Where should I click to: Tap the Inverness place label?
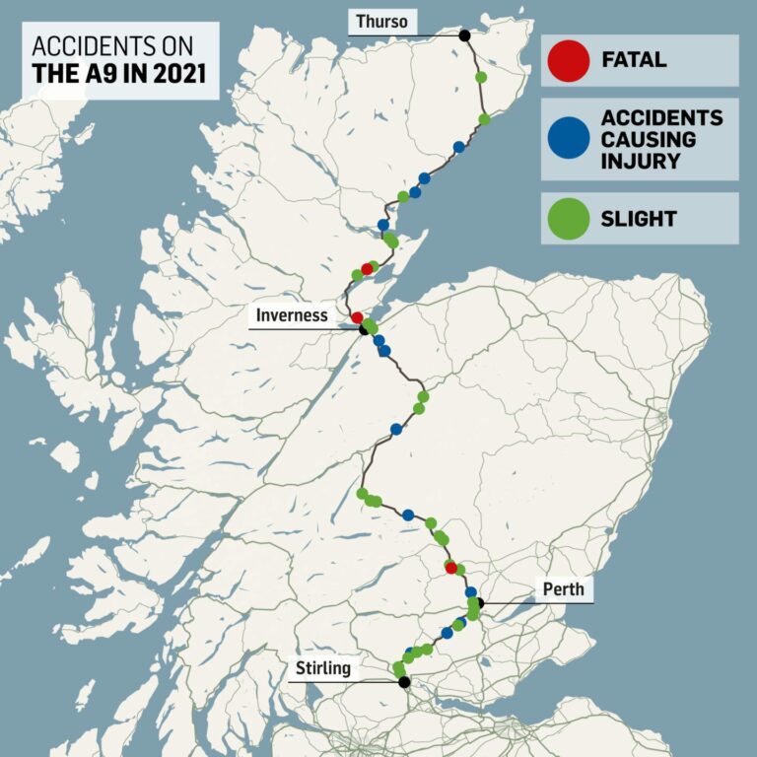tap(292, 315)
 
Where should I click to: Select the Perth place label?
tap(563, 589)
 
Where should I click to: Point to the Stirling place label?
tap(322, 668)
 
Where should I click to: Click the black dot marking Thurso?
tap(464, 35)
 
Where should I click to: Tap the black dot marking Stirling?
tap(404, 681)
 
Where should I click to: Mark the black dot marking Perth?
tap(479, 602)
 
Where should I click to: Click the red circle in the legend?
tap(566, 60)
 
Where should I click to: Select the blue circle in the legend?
tap(566, 139)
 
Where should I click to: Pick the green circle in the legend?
tap(566, 218)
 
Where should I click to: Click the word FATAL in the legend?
tap(634, 60)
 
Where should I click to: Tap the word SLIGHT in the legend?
tap(639, 218)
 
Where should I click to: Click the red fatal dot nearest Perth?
tap(451, 568)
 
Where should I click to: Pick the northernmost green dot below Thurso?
tap(481, 76)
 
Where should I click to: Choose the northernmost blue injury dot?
tap(458, 147)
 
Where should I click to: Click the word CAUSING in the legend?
tap(648, 139)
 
